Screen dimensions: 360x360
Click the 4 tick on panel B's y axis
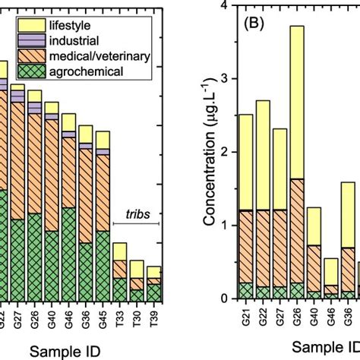click(224, 5)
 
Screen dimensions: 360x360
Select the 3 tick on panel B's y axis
click(224, 79)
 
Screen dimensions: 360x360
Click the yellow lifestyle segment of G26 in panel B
click(297, 102)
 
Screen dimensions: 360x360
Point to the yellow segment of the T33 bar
click(119, 251)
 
